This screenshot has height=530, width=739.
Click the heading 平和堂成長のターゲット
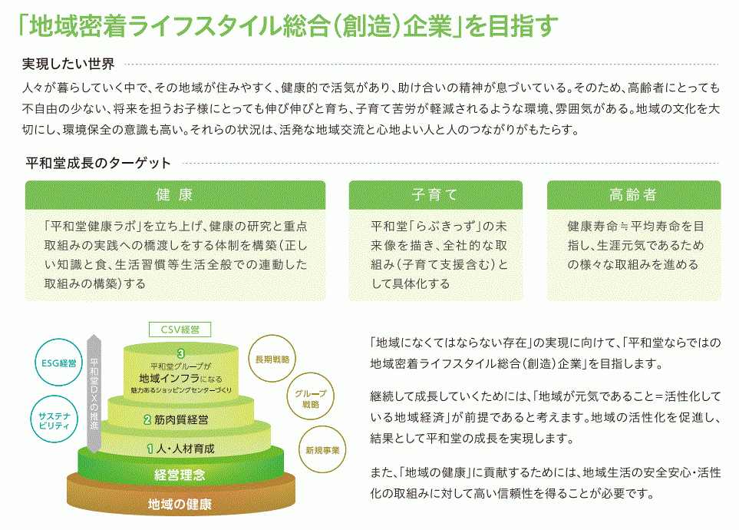pos(99,163)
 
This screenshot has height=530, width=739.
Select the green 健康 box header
pos(175,195)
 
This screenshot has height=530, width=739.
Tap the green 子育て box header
pos(435,195)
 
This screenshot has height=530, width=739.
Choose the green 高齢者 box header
pos(633,195)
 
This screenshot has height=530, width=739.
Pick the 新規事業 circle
pos(322,450)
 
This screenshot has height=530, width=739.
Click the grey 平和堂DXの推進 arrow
pos(94,392)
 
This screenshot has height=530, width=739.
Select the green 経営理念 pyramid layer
pos(180,475)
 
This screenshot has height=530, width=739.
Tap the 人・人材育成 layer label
pos(185,448)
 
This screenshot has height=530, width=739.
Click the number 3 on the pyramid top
pos(180,353)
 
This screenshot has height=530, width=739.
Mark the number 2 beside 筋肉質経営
pos(147,420)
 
